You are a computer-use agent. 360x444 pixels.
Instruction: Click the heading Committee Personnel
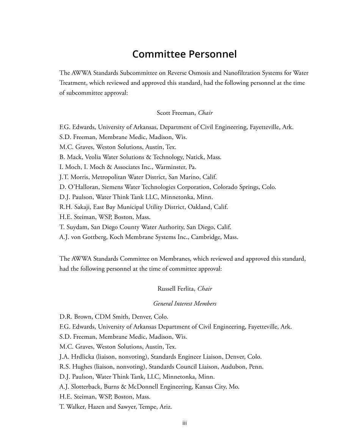(185, 54)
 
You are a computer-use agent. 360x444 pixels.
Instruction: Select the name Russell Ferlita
(176, 289)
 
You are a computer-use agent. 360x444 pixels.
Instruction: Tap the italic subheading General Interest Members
(185, 303)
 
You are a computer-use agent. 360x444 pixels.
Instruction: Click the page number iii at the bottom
(185, 423)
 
